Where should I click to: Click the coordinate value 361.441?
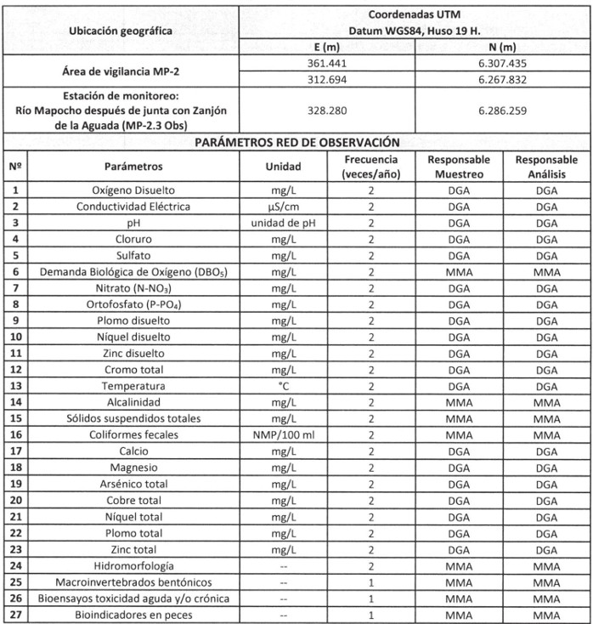327,63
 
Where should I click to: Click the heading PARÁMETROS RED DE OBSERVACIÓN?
296,142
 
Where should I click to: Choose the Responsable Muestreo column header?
459,167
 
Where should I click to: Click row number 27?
14,615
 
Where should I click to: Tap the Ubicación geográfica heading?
119,31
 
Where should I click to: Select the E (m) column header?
327,47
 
